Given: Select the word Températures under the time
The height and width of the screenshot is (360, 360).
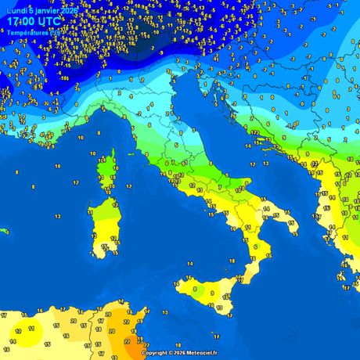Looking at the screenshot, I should click(30, 33).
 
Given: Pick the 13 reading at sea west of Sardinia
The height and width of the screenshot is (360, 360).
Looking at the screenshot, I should click(58, 216).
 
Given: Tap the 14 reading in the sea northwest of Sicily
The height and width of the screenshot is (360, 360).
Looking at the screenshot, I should click(189, 264).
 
